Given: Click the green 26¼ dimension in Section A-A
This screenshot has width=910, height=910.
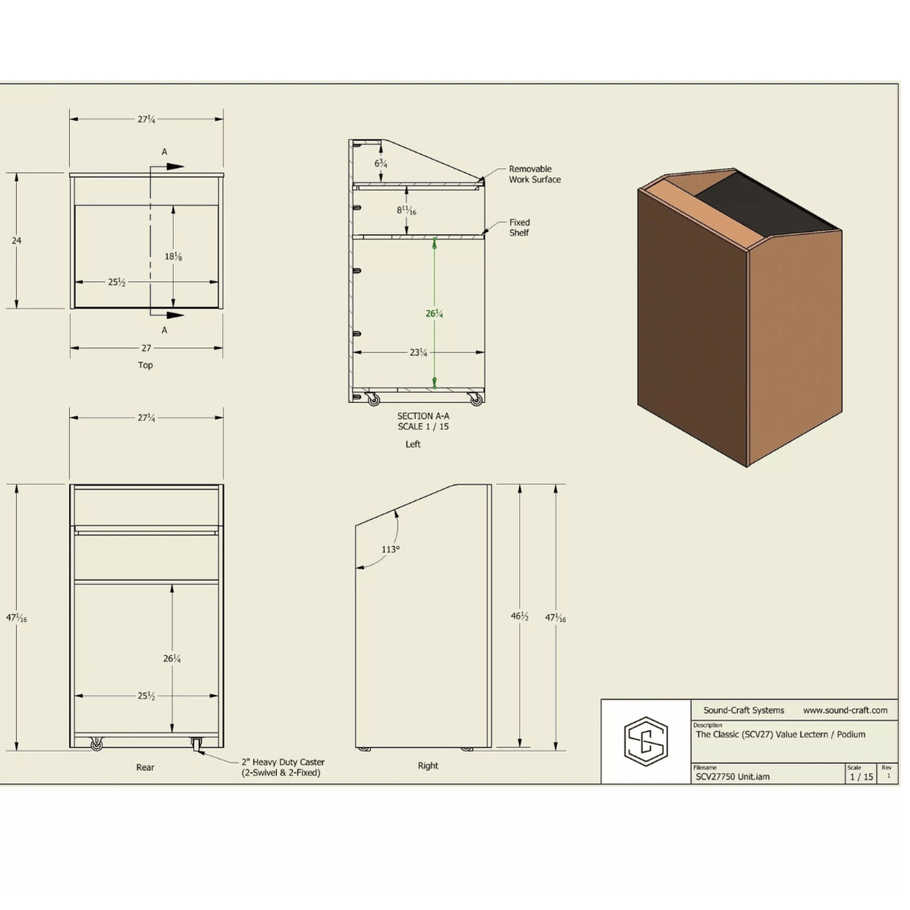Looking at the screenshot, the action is (434, 314).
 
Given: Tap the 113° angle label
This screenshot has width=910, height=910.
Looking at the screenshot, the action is (391, 549).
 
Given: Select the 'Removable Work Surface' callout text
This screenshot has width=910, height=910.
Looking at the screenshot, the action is (534, 174).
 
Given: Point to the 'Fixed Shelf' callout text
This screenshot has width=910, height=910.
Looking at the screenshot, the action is (519, 227).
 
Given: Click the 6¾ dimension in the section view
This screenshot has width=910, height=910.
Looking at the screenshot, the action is (381, 163).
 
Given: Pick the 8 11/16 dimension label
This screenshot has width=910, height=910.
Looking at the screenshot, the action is (406, 210).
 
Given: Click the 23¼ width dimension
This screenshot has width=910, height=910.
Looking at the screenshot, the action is (418, 352).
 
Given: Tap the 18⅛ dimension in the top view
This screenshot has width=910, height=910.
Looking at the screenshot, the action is (173, 256).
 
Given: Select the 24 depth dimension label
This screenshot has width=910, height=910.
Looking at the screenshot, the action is (16, 240).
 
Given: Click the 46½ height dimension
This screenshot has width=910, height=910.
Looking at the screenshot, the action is (519, 617).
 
